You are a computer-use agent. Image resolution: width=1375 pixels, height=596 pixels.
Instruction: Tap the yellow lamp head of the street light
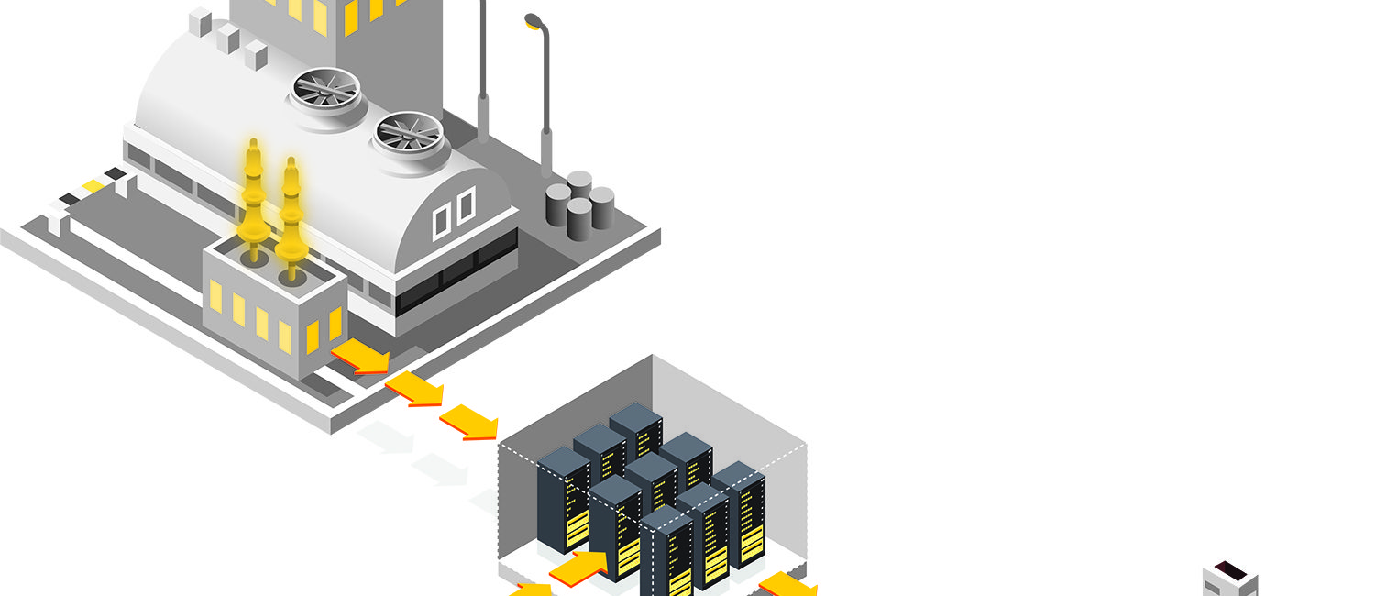533,20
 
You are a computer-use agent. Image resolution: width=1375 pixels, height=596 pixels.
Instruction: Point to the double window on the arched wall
454,212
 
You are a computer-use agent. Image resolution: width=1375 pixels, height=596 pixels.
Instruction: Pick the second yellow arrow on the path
414,389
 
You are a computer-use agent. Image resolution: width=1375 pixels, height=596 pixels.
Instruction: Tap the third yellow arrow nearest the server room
469,422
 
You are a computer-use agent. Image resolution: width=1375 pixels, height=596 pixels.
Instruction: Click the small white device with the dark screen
1230,579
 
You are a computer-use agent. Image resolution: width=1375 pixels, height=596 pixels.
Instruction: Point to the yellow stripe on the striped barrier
93,186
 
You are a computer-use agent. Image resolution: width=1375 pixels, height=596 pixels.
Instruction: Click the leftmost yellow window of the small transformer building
215,295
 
